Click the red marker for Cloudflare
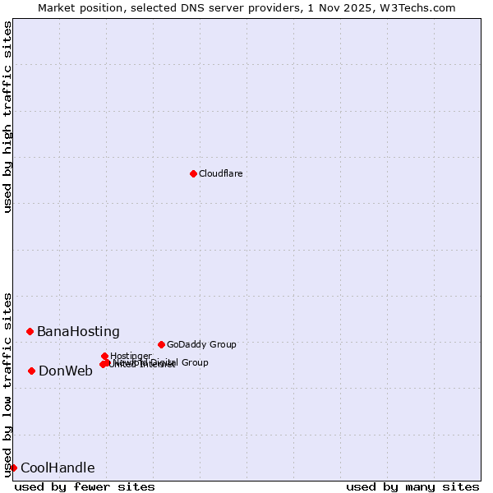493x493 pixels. (193, 173)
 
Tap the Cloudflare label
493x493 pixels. (220, 173)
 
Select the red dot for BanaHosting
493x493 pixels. (30, 331)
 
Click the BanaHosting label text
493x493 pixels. (78, 332)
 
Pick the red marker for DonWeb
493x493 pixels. (31, 371)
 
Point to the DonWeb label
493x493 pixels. (66, 371)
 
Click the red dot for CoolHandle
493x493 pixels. (13, 468)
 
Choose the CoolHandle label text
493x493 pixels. (58, 468)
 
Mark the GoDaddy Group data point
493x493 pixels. (161, 344)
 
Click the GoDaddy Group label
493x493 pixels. (201, 344)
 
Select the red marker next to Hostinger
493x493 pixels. (104, 356)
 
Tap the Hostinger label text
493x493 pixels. (131, 356)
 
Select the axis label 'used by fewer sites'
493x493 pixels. (85, 486)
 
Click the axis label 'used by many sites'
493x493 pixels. (412, 486)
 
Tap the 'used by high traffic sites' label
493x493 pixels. (7, 117)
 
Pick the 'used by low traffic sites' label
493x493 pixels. (7, 385)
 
